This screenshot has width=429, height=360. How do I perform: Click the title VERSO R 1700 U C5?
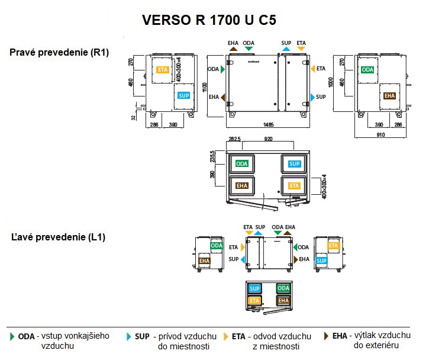(209, 21)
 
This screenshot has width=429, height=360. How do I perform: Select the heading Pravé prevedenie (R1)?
(59, 53)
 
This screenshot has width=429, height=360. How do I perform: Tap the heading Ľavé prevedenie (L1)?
(59, 237)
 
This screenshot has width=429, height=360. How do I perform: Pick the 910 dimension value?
(380, 136)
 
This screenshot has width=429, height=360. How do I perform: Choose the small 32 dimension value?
(134, 116)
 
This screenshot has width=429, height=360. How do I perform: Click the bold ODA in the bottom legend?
(27, 336)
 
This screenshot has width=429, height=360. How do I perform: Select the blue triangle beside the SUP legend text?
(129, 336)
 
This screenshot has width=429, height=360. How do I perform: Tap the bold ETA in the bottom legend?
(238, 336)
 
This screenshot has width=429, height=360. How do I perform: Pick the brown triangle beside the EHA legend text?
(326, 336)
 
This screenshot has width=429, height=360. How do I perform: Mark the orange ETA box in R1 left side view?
(163, 70)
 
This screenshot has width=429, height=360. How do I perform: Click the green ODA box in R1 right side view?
(367, 70)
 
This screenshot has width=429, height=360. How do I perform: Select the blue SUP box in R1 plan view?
(294, 163)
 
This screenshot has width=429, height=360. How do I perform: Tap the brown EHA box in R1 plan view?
(241, 185)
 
